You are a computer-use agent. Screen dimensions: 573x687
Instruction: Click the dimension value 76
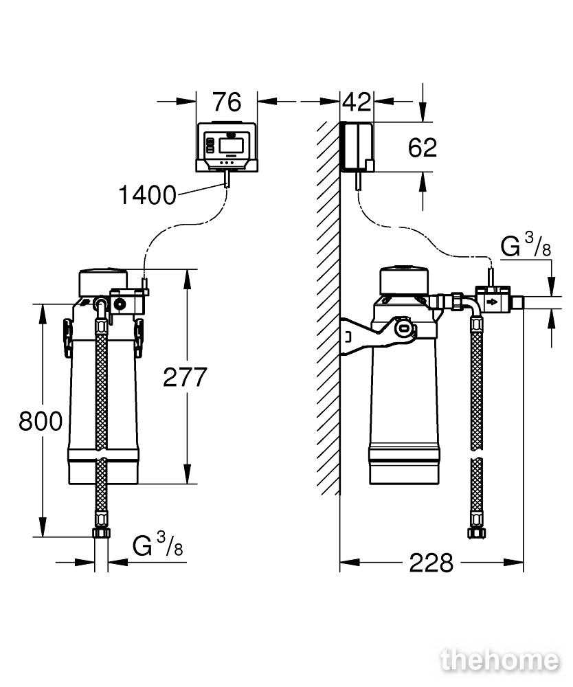[x=227, y=102]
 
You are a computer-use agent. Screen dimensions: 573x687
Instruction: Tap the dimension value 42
[x=357, y=102]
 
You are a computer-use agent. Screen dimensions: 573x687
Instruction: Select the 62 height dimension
[x=423, y=148]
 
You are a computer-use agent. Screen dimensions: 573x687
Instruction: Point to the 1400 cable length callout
[x=147, y=195]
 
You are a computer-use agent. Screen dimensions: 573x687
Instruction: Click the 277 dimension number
[x=185, y=377]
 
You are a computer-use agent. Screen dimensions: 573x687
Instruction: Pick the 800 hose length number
[x=41, y=421]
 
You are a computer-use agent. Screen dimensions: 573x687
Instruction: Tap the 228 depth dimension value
[x=431, y=563]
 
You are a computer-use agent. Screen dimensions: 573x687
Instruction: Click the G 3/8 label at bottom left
[x=158, y=545]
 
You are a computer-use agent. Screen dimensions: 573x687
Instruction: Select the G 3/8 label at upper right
[x=526, y=245]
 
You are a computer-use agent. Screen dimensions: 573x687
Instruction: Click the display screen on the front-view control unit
[x=230, y=146]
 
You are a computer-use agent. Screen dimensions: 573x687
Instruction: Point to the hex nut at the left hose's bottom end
[x=101, y=533]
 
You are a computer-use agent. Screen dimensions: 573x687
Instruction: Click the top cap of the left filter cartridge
[x=104, y=282]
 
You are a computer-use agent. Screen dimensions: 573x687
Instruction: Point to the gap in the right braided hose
[x=476, y=453]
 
